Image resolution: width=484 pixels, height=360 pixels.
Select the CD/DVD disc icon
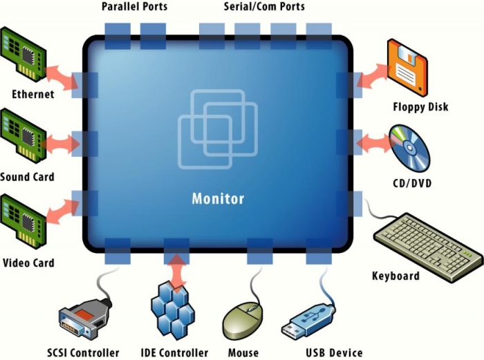[409, 147]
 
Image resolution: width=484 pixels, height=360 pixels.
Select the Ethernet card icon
[24, 56]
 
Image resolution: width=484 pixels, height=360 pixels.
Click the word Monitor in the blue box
[218, 199]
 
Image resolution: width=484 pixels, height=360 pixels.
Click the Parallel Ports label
[134, 7]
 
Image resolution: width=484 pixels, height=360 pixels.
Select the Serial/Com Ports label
[264, 7]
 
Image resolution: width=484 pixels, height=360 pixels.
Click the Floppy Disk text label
[420, 106]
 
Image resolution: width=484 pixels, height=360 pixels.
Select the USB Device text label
[334, 352]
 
